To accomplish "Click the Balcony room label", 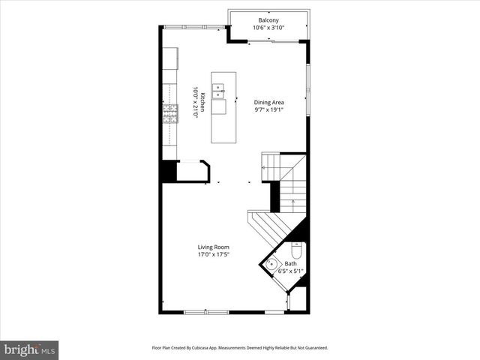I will [269, 20].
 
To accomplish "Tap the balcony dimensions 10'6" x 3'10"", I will [269, 28].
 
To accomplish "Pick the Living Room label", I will [213, 247].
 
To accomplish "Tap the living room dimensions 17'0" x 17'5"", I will [213, 254].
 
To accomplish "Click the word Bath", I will [289, 264].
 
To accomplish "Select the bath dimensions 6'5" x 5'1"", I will [291, 271].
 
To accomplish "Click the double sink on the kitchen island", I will [219, 91].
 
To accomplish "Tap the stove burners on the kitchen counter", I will [170, 112].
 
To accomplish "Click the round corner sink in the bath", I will [271, 264].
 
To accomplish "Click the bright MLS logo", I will [30, 349].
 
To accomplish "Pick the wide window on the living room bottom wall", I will [206, 311].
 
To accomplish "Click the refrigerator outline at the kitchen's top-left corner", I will [170, 57].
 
